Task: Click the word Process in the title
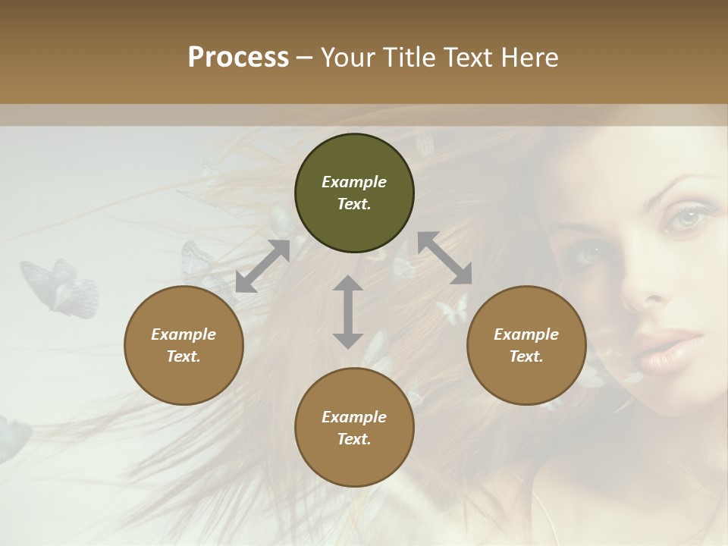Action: [x=238, y=58]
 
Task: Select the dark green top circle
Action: [x=354, y=193]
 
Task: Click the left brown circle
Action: [x=184, y=346]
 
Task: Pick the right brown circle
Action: [x=526, y=346]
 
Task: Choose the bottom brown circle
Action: [x=354, y=428]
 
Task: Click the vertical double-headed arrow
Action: [x=348, y=312]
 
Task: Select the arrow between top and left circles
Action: [x=262, y=266]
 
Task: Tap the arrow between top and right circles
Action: [x=444, y=259]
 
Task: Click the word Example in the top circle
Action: [x=354, y=182]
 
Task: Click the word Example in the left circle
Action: [x=184, y=334]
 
